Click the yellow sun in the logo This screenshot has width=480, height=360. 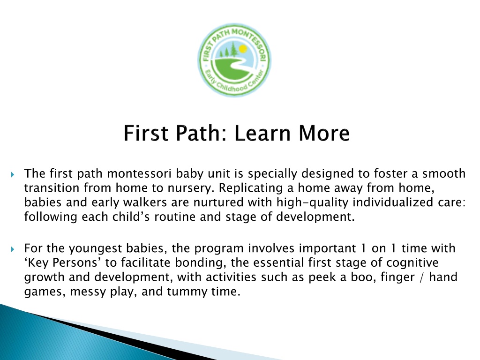click(x=243, y=49)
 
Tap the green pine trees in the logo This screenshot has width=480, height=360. click(x=229, y=50)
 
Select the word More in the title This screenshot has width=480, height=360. click(x=324, y=133)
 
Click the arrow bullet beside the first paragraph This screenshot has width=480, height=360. click(x=13, y=175)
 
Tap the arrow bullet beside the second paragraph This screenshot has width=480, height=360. click(x=13, y=249)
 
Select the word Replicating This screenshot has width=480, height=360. click(x=251, y=188)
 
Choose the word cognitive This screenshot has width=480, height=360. click(x=412, y=263)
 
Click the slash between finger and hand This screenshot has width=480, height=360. click(x=420, y=277)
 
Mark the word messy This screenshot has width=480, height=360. click(x=88, y=292)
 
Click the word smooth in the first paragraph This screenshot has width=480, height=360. click(x=444, y=173)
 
